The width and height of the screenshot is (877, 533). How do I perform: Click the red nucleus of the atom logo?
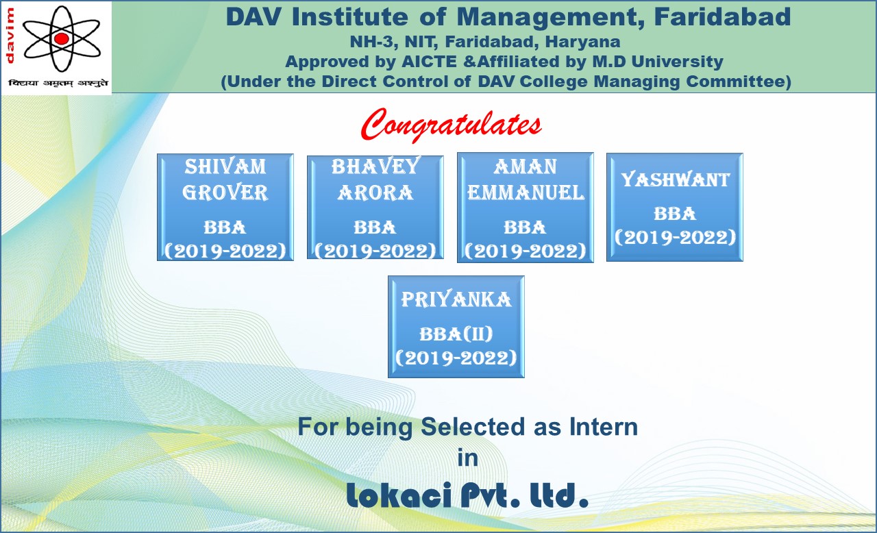tap(61, 38)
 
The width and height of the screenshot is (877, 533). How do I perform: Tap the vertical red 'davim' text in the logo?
tap(10, 36)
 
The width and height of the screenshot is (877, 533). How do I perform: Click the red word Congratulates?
tap(452, 124)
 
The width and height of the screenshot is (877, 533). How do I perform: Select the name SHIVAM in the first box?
tap(225, 166)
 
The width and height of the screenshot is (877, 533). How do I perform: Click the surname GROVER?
tap(225, 193)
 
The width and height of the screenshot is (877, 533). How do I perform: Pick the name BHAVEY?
tap(375, 166)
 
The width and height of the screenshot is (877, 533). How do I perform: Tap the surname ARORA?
tap(375, 193)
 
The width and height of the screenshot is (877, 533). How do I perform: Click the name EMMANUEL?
tap(526, 193)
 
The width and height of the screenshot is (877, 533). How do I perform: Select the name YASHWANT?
tap(676, 179)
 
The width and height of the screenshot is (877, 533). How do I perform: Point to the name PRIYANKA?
tap(456, 300)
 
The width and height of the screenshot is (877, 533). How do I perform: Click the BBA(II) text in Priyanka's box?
tap(456, 334)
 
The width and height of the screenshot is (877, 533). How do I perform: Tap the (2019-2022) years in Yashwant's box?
tap(676, 237)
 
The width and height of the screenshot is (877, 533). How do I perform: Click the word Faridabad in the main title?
tap(723, 17)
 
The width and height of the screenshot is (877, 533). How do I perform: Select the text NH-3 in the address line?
tap(371, 42)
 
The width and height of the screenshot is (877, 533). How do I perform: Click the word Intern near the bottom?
tap(604, 427)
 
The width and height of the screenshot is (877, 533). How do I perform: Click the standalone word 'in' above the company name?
tap(468, 458)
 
